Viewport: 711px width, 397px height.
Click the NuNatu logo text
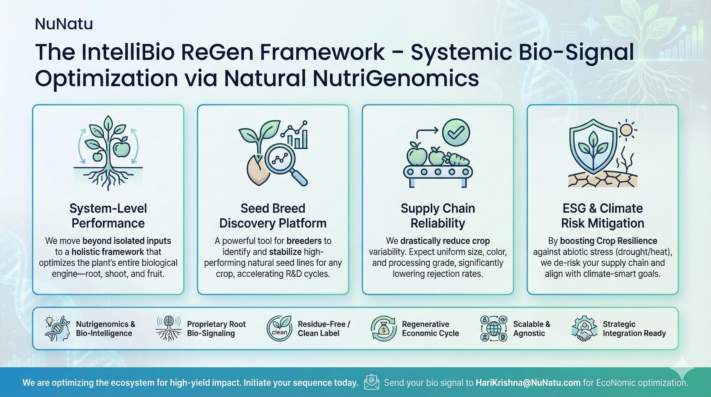tap(64, 24)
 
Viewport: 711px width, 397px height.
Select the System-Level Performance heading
tap(108, 216)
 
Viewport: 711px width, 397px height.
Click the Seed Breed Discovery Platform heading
tap(273, 216)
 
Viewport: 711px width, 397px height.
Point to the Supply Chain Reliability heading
tap(438, 216)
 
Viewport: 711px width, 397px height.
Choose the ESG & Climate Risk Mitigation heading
tap(602, 216)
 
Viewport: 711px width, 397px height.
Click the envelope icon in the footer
tap(372, 382)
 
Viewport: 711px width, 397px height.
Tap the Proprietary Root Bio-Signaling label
tap(216, 329)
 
